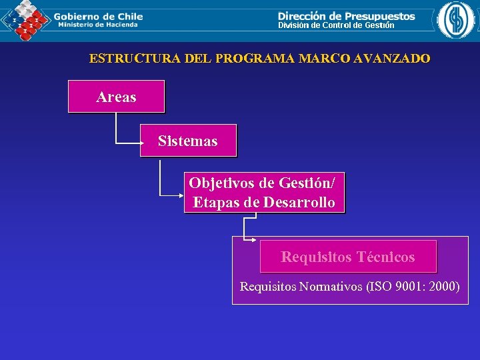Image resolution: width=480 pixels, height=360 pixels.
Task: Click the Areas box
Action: click(116, 97)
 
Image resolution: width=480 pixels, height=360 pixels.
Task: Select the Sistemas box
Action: click(188, 141)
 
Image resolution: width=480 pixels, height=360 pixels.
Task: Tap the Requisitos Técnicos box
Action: click(348, 257)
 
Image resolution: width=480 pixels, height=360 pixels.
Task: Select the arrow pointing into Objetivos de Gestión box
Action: click(179, 195)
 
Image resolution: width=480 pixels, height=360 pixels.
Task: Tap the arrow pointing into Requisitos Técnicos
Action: click(254, 239)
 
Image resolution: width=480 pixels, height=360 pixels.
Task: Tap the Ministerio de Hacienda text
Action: click(98, 25)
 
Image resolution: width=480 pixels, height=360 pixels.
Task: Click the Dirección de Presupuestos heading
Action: click(346, 15)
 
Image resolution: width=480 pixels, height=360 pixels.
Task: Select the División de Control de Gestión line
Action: click(336, 25)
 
